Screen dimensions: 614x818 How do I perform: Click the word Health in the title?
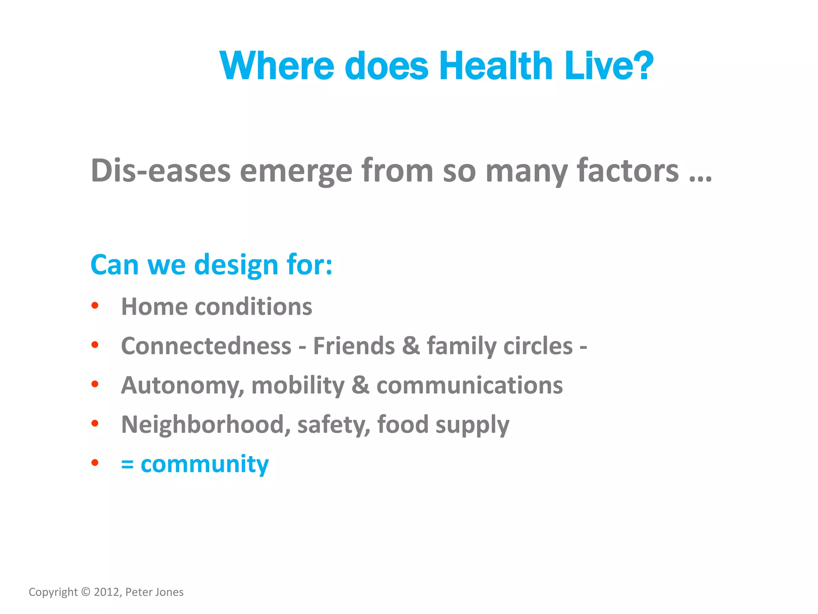pyautogui.click(x=496, y=66)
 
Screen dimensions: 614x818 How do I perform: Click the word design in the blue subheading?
pyautogui.click(x=236, y=265)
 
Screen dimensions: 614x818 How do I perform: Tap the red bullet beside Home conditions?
pyautogui.click(x=95, y=306)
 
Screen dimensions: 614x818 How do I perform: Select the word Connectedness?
pyautogui.click(x=206, y=346)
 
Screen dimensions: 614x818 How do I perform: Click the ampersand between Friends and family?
pyautogui.click(x=411, y=346)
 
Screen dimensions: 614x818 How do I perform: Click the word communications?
pyautogui.click(x=469, y=385)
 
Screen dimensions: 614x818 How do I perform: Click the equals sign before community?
pyautogui.click(x=127, y=464)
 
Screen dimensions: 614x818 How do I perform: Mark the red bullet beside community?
pyautogui.click(x=95, y=463)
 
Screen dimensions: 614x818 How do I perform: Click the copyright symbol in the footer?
pyautogui.click(x=85, y=592)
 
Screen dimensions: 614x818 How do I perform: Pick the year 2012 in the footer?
pyautogui.click(x=107, y=592)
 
